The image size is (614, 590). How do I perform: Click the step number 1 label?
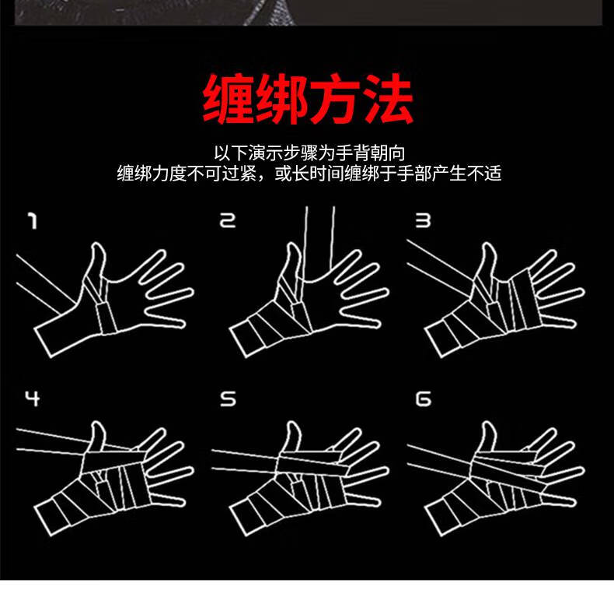[32, 222]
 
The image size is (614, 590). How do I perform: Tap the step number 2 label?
[226, 222]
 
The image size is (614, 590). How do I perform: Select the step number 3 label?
[422, 222]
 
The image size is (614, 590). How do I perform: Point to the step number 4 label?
[32, 399]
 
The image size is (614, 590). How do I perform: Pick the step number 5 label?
[227, 399]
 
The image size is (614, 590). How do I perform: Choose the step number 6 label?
[423, 399]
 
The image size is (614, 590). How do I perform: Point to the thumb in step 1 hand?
[96, 261]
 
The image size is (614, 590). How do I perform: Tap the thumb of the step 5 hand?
[292, 436]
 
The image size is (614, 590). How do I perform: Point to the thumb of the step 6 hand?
[487, 436]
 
